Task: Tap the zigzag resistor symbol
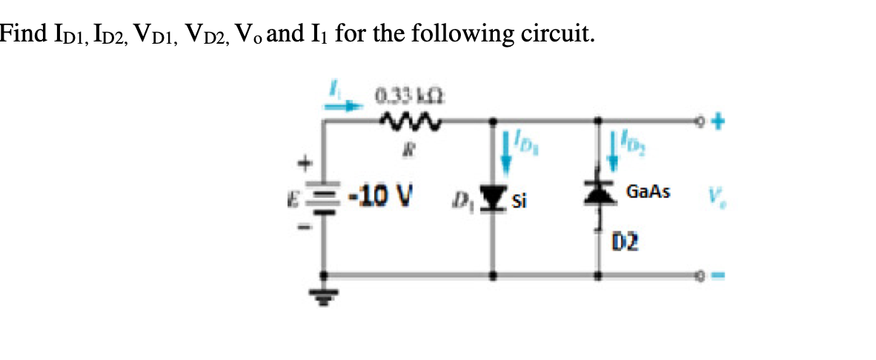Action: tap(410, 119)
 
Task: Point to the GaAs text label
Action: tap(648, 193)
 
